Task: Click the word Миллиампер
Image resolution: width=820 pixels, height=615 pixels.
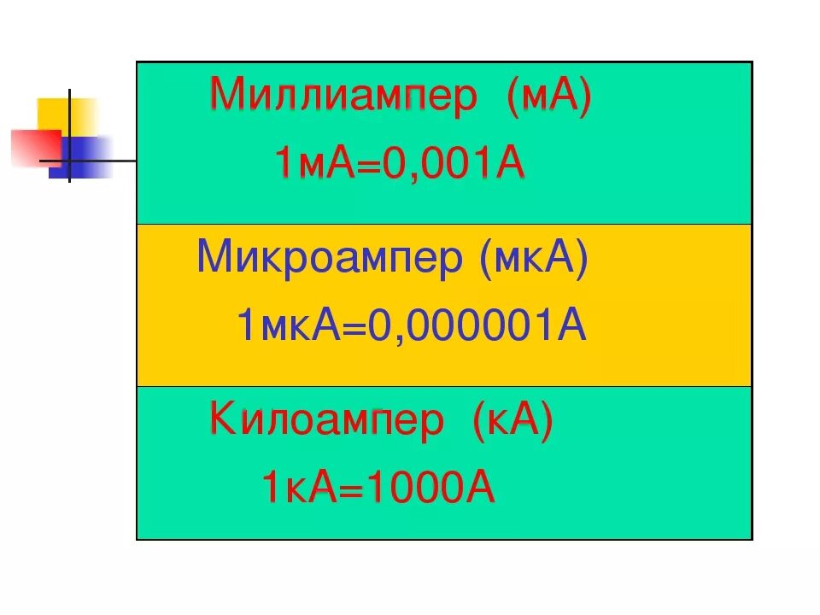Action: [x=343, y=97]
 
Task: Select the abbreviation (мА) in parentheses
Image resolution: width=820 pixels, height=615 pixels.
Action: [x=548, y=97]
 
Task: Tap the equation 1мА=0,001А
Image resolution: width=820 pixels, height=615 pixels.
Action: [x=399, y=163]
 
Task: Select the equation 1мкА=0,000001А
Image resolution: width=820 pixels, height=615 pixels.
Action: [x=412, y=326]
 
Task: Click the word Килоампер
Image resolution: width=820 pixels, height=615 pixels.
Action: [x=327, y=422]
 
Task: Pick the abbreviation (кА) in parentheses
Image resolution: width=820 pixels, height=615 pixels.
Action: [x=511, y=422]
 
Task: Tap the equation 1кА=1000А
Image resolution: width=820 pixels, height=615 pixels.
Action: [x=378, y=489]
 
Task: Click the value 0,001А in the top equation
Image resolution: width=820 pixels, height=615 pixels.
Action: [x=454, y=163]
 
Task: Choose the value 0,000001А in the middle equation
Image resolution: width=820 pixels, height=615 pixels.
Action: [x=477, y=326]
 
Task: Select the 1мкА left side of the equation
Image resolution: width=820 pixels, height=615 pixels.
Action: [x=288, y=326]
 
